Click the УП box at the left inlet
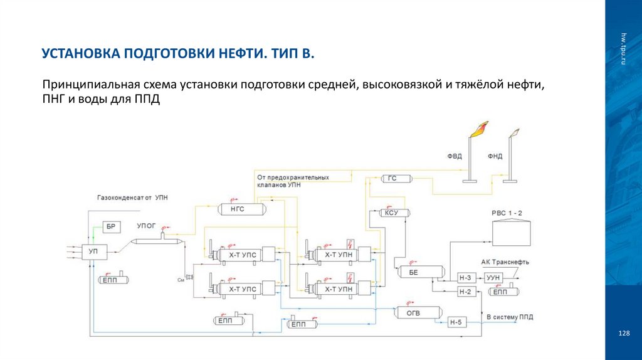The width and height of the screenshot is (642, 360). pos(93,251)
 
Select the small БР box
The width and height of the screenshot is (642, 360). pos(110,227)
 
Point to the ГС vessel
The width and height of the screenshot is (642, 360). pos(392,179)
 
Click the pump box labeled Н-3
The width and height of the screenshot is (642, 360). pos(465,278)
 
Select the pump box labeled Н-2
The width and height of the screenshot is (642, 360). pos(465,292)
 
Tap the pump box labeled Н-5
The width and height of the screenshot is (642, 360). pos(456,323)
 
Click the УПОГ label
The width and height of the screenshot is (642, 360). pos(145,225)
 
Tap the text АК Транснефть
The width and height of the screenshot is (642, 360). pos(505,262)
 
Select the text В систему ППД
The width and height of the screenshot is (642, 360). pos(510,317)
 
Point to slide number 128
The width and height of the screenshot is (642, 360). pos(623,333)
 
